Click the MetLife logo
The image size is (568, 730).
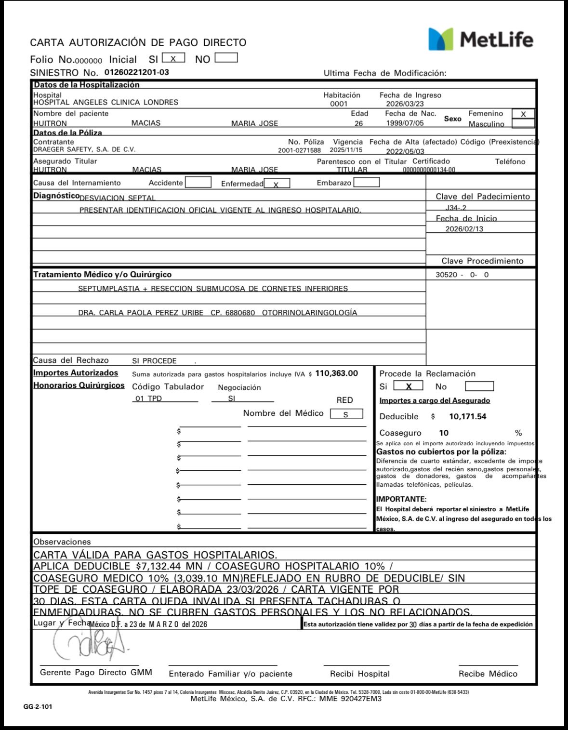481,39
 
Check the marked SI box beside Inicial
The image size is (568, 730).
173,58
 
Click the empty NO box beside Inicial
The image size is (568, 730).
226,58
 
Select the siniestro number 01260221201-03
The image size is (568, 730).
136,73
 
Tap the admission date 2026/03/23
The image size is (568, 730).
405,104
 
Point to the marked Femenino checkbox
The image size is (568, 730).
523,114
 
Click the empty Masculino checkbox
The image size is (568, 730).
523,123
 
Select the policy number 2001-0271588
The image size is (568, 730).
299,150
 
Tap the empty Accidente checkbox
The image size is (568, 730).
198,183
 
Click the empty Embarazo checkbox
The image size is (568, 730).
366,183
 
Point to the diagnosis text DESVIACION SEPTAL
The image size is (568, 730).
117,198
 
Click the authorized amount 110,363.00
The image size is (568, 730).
336,373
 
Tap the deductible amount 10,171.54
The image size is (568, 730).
467,417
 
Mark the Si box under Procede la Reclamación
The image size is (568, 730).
408,386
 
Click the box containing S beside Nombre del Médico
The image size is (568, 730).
346,414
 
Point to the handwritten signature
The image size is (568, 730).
89,644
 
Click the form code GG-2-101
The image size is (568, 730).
38,707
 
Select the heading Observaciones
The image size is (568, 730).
62,542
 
